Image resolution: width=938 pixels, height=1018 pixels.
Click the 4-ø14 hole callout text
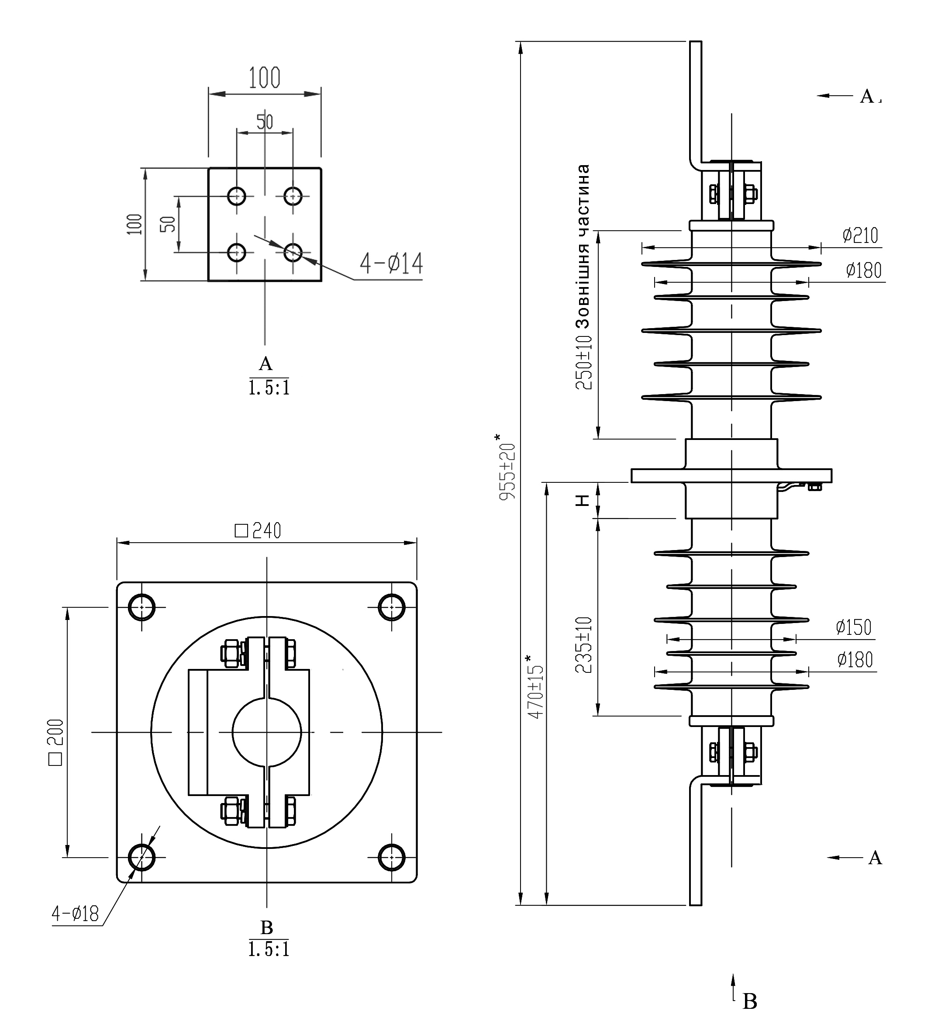click(391, 263)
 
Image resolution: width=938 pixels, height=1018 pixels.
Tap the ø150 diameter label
click(854, 627)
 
